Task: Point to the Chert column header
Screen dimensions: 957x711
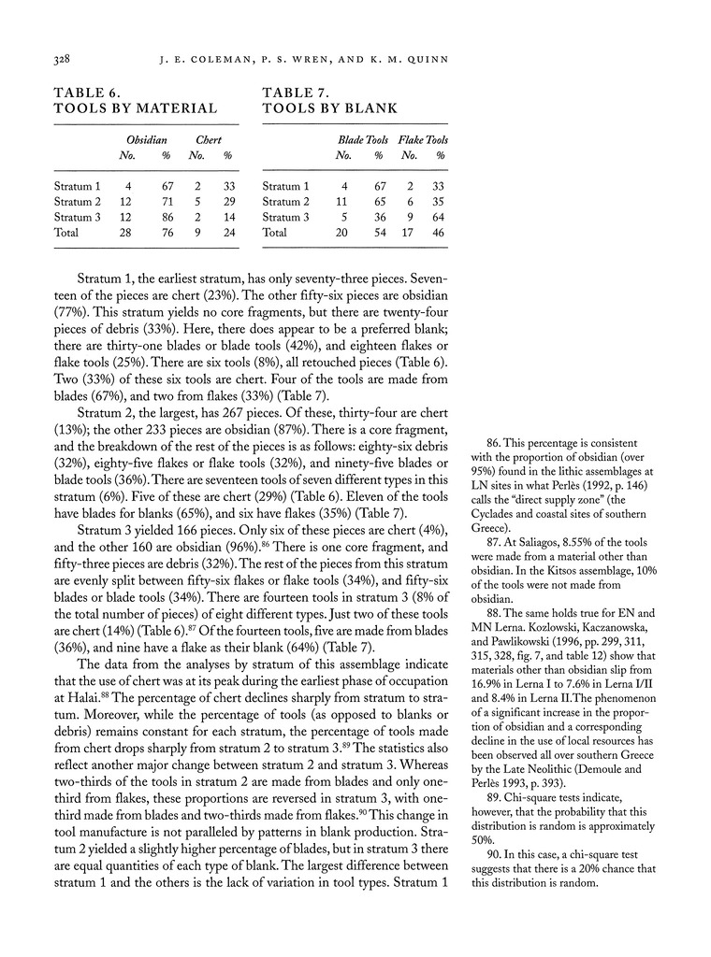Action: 208,140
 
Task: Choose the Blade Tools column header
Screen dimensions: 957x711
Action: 363,140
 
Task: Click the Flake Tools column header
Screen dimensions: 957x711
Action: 423,140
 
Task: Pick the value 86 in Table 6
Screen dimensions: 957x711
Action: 168,218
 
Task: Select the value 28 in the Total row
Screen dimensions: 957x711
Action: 127,233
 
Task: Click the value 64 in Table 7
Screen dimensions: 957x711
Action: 439,218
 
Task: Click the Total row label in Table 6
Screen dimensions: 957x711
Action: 66,233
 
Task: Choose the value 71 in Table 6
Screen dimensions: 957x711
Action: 168,202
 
